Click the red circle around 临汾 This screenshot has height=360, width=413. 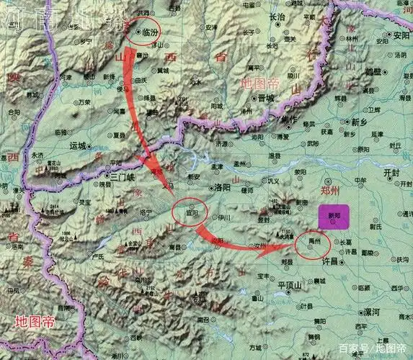coord(140,32)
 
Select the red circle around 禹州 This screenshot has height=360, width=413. coord(312,245)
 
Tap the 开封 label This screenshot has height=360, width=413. coord(391,174)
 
